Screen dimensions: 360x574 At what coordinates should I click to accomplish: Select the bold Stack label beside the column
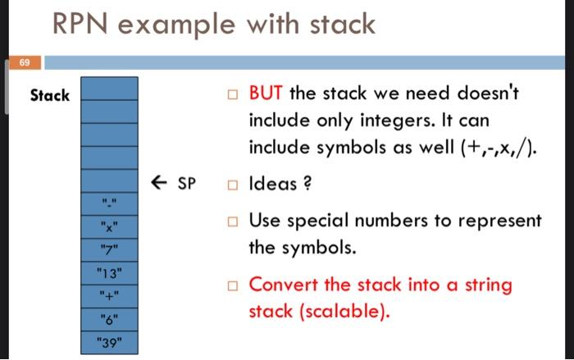click(x=50, y=96)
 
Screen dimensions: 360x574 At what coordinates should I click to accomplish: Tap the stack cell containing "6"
click(x=107, y=318)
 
